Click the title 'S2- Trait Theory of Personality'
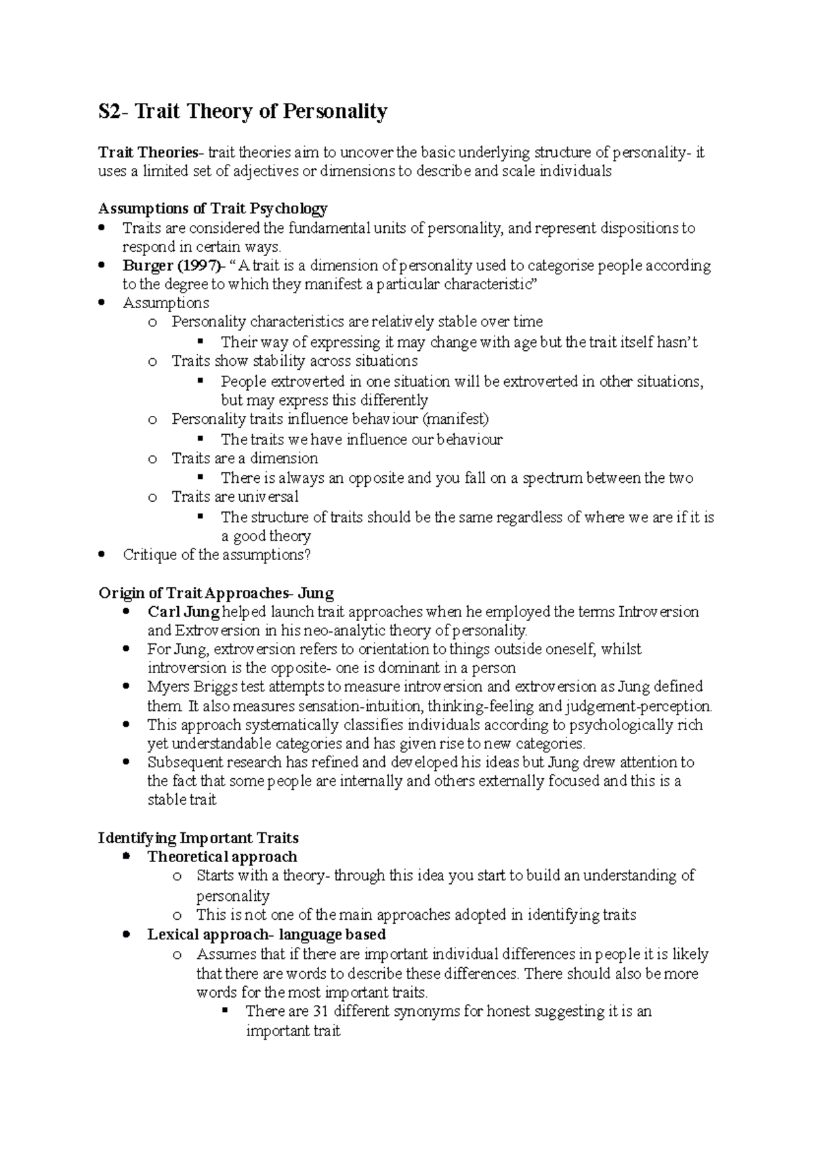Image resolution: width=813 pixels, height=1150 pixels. pos(243,111)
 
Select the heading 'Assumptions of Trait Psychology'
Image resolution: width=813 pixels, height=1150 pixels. pos(213,208)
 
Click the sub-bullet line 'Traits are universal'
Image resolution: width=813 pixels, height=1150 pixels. pos(235,497)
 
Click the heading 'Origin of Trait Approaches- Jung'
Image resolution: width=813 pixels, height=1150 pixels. pos(216,593)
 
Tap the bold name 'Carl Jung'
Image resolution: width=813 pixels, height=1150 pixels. pos(183,612)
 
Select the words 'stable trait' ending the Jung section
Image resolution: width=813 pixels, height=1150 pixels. pos(182,800)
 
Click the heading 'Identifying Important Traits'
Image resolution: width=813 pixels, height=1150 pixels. pos(199,838)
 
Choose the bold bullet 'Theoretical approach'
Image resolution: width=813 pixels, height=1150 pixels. pos(222,857)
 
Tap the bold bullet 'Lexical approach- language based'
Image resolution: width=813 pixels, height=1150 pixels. pos(266,935)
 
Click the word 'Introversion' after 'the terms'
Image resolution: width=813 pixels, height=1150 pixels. pos(658,612)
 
